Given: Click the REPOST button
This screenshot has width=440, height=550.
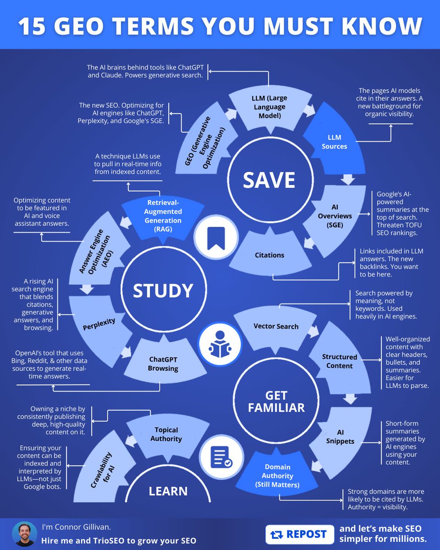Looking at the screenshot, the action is [299, 534].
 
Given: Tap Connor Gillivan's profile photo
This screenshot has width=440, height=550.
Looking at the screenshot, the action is [24, 534].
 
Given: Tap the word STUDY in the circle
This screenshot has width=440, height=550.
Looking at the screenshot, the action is [163, 291].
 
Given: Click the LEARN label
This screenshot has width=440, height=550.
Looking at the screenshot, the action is [168, 491].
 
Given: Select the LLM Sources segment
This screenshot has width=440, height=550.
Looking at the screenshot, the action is [334, 142].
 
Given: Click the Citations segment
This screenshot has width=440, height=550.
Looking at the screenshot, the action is [269, 255].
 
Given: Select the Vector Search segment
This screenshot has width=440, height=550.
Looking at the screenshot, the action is [276, 326].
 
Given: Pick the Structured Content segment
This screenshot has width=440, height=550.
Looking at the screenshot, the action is [340, 361].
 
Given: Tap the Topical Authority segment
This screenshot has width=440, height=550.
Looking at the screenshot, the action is [166, 434].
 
